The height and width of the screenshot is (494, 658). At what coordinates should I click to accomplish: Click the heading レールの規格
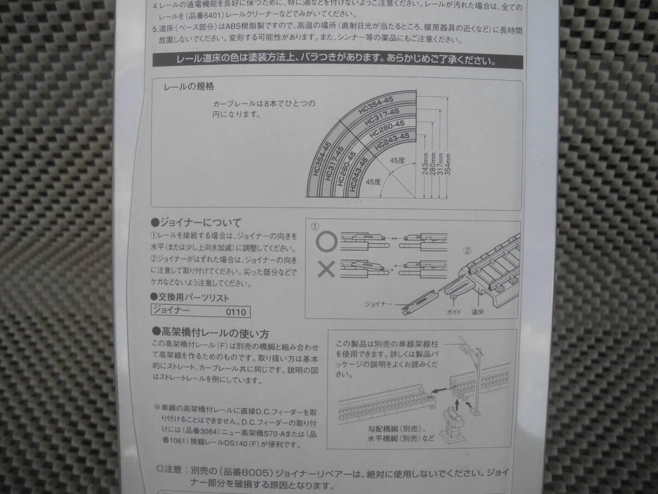pos(189,87)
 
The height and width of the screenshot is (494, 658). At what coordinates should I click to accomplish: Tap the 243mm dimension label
pos(425,164)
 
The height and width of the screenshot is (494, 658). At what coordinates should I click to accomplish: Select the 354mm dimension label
pos(448,164)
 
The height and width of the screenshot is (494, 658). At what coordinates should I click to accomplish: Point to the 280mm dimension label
pos(433,164)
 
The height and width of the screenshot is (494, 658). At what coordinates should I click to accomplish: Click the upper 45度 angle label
pos(397,161)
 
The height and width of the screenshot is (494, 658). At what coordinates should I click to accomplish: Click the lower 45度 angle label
pos(373,182)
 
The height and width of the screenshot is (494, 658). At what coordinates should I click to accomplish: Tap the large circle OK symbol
pos(326,242)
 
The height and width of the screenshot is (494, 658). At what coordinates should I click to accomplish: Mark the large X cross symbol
pos(326,269)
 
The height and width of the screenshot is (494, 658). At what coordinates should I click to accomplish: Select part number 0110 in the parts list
pos(236,312)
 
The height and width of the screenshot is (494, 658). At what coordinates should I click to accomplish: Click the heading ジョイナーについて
pos(196,222)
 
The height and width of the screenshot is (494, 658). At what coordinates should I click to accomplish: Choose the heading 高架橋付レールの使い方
pos(211,332)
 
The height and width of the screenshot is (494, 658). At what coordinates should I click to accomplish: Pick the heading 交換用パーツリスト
pos(190,297)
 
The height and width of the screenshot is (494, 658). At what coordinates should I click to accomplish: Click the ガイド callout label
pos(454,312)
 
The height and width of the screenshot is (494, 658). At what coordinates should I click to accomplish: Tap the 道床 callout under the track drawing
pos(477,312)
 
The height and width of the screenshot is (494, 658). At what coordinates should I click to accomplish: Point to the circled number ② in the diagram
pos(467,251)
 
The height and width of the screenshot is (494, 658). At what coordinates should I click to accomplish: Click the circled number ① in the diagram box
pos(315,227)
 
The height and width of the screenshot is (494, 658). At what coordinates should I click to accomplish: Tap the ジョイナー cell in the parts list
pos(172,310)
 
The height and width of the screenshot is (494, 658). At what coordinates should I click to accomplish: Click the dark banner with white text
pos(338,60)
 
